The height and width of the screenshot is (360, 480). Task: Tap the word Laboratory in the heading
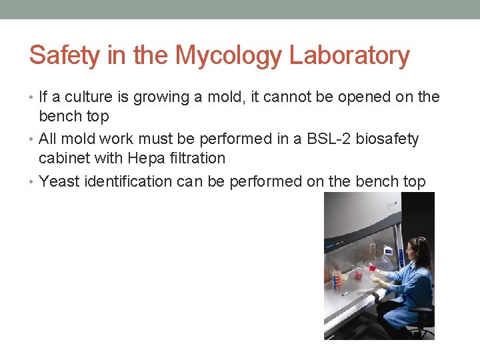(x=349, y=56)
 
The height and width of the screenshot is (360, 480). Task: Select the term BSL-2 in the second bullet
(x=323, y=139)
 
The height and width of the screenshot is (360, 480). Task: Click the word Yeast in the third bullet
(x=59, y=181)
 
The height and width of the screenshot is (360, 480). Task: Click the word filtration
(x=201, y=158)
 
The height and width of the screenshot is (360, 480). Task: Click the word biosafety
(x=387, y=139)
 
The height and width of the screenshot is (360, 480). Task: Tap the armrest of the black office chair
(x=421, y=309)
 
